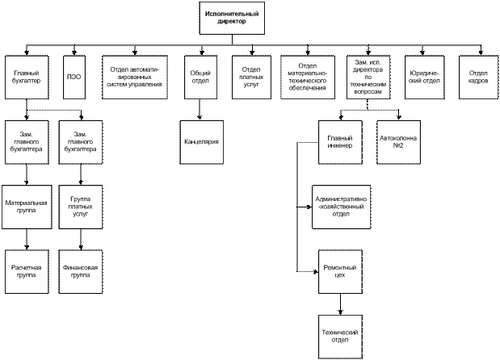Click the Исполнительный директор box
click(x=232, y=18)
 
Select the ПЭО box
click(x=74, y=77)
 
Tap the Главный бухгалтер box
click(x=27, y=77)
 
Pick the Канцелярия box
click(x=201, y=142)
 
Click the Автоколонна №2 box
click(x=398, y=142)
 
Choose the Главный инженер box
click(x=340, y=142)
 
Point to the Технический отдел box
click(x=340, y=337)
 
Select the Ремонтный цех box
click(x=340, y=272)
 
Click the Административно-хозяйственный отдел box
click(x=341, y=207)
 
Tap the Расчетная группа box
click(x=27, y=272)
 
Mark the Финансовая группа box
click(x=81, y=272)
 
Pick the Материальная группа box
click(x=27, y=207)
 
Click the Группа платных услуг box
click(x=81, y=207)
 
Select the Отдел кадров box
click(x=478, y=77)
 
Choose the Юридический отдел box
click(x=424, y=77)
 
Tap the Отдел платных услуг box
click(x=251, y=77)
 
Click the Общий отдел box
click(x=200, y=77)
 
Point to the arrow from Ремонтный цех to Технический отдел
click(x=340, y=304)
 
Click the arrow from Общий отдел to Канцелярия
click(x=200, y=110)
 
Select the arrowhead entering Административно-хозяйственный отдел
click(x=309, y=207)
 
